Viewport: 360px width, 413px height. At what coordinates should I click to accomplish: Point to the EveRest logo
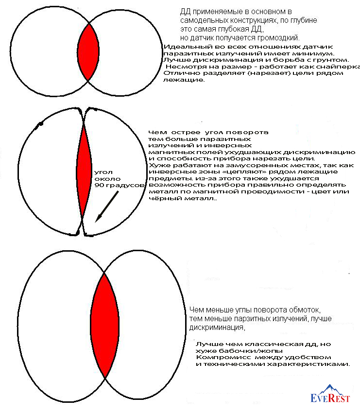tap(332, 396)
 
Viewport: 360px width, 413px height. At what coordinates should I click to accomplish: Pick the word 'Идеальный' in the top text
tap(181, 46)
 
